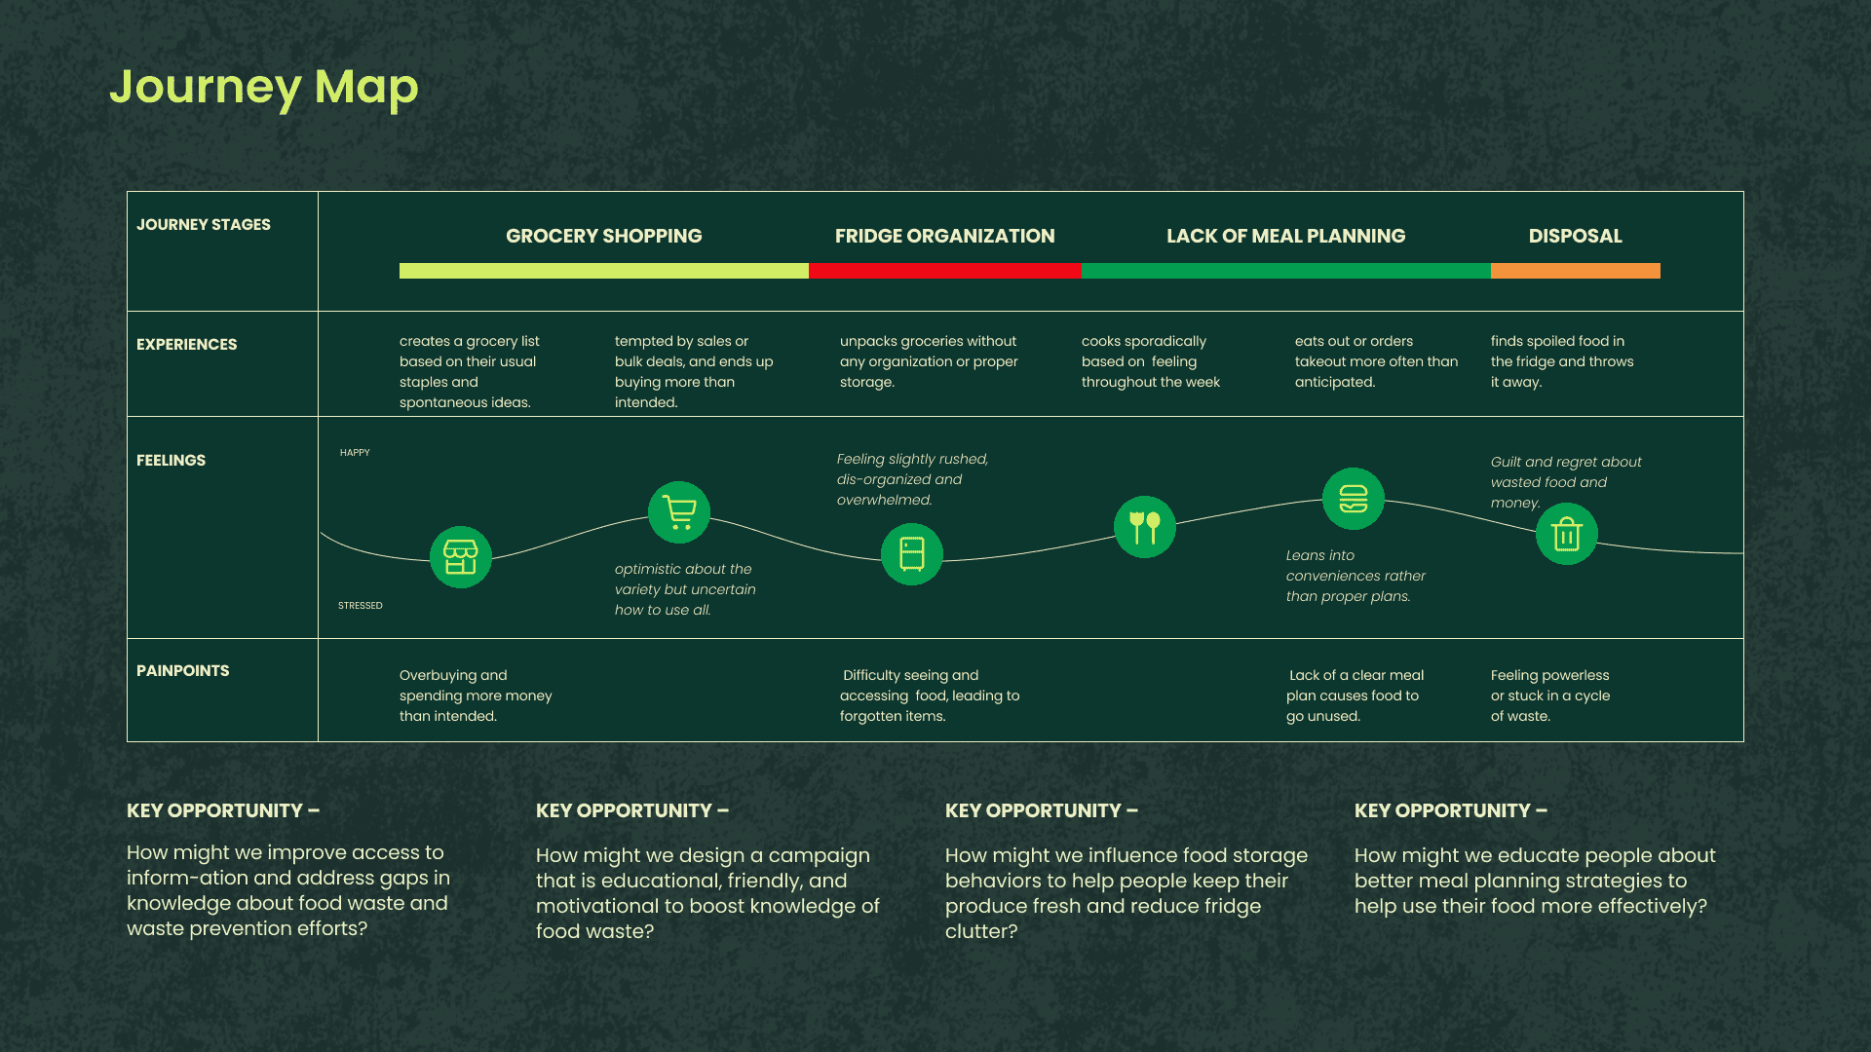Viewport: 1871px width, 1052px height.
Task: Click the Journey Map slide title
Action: [263, 88]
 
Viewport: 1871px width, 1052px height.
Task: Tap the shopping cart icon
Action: [679, 512]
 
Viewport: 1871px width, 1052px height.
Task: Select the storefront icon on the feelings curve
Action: [461, 557]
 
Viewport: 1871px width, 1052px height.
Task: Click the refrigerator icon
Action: [912, 554]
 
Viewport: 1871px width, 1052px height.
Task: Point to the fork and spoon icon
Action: [1145, 527]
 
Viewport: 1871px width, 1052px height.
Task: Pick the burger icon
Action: [1354, 499]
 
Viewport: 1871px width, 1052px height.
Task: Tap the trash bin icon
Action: [1567, 534]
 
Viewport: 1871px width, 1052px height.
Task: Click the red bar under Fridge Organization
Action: [944, 271]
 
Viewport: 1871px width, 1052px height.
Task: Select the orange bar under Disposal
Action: [1575, 271]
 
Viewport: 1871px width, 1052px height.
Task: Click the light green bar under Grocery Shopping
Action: [603, 271]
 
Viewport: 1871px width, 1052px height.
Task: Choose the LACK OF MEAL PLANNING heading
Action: [1285, 236]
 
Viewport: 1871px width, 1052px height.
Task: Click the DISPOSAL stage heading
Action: [1575, 236]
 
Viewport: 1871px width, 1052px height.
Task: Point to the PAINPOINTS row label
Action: [183, 670]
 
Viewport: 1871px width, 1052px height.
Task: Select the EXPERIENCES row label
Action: [187, 344]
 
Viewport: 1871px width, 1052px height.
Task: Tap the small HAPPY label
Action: [355, 453]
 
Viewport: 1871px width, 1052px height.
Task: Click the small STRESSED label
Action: [361, 606]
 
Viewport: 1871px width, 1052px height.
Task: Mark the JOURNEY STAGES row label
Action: [204, 224]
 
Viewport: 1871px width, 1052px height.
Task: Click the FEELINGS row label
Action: [172, 460]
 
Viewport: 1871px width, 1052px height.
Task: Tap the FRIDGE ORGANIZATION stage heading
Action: [944, 236]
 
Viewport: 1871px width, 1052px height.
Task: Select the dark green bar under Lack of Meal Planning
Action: [1285, 271]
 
